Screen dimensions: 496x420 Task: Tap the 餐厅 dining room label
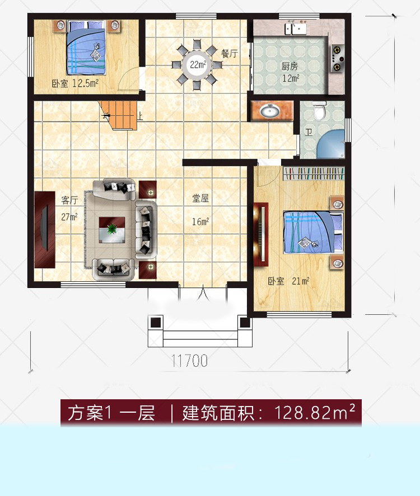point(229,54)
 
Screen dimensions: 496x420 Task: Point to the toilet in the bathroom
point(320,111)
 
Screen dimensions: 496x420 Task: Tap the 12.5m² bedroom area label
point(76,84)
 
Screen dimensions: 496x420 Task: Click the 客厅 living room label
point(68,200)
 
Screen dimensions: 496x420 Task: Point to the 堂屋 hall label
point(200,198)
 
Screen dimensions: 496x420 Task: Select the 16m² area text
point(200,222)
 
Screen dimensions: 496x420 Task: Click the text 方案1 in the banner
point(88,414)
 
